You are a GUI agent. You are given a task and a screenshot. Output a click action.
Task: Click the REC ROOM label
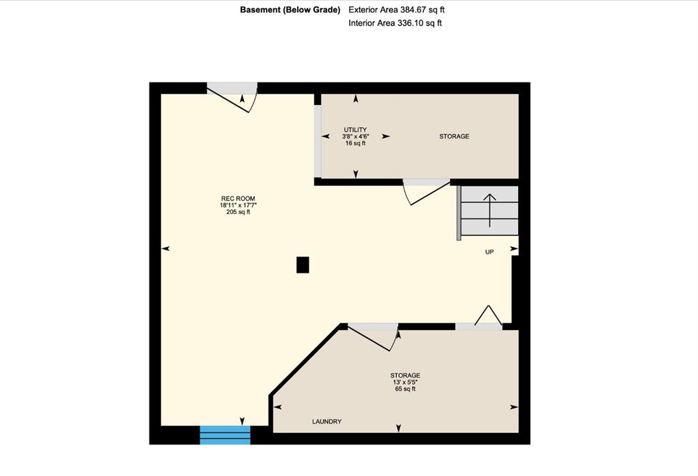[x=238, y=198]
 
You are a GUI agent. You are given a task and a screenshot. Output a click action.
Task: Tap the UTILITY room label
[x=355, y=130]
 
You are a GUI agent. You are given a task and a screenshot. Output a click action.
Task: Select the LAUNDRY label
[x=327, y=421]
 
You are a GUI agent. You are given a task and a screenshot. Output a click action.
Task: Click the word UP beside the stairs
[x=489, y=252]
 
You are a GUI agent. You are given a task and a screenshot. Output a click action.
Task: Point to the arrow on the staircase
[x=489, y=210]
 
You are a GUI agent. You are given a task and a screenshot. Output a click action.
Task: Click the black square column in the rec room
[x=303, y=265]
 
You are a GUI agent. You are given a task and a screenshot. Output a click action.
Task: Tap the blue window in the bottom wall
[x=225, y=435]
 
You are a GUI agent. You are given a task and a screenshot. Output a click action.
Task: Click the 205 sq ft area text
[x=238, y=212]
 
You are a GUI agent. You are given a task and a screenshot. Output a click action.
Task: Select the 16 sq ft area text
[x=355, y=143]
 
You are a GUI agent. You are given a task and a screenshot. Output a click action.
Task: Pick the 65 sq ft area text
[x=405, y=389]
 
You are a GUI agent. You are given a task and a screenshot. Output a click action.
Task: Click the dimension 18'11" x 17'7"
[x=238, y=205]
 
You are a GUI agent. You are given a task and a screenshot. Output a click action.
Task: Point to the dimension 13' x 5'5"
[x=405, y=382]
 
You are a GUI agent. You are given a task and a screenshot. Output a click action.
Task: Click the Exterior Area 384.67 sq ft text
[x=396, y=10]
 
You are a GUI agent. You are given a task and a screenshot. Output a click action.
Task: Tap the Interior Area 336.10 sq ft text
[x=395, y=23]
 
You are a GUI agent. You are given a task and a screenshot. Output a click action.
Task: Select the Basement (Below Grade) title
[x=290, y=10]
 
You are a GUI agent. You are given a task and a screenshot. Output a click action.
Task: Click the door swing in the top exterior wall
[x=232, y=98]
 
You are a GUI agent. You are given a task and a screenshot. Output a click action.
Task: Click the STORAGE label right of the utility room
[x=454, y=136]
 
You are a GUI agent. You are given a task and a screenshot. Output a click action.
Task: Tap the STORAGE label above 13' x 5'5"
[x=405, y=375]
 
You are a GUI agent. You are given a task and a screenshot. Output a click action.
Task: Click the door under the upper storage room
[x=426, y=192]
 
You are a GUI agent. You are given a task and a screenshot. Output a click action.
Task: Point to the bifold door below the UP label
[x=488, y=316]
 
